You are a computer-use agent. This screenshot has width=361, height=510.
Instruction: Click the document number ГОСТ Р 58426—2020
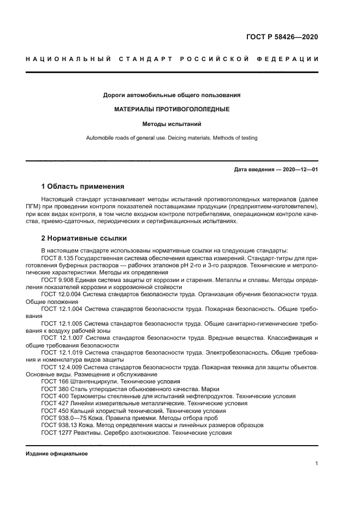tap(282, 38)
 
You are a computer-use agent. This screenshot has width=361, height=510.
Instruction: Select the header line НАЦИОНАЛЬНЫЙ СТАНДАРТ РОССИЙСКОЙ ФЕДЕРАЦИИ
tap(172, 59)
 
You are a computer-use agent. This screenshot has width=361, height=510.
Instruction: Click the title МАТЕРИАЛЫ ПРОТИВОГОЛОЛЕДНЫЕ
tap(171, 109)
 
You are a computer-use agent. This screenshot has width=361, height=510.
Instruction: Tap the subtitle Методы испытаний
tap(171, 124)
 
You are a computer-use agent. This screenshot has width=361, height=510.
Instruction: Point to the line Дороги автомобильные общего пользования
tap(171, 95)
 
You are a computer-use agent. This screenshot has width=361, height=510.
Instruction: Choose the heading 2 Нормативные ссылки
tap(84, 238)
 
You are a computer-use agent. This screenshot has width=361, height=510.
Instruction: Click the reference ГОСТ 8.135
tap(57, 258)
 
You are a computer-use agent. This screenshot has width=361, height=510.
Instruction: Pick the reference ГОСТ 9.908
tap(57, 279)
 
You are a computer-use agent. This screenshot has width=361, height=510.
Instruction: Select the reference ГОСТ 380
tap(54, 389)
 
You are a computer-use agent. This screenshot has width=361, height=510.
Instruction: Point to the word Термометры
tap(85, 396)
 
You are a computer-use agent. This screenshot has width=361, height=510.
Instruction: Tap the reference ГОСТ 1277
tap(55, 431)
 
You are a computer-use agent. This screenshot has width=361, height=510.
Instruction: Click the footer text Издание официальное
tap(56, 453)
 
